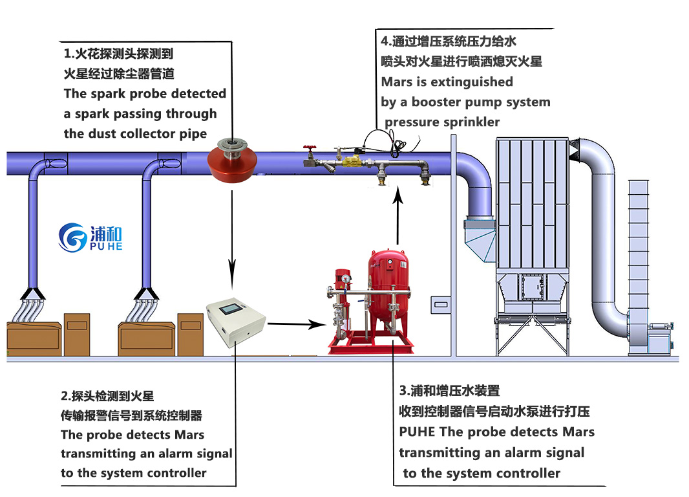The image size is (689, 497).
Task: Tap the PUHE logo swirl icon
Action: point(72,237)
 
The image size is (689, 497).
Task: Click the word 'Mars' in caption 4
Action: point(397,82)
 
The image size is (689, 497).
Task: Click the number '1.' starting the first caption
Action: point(67,54)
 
